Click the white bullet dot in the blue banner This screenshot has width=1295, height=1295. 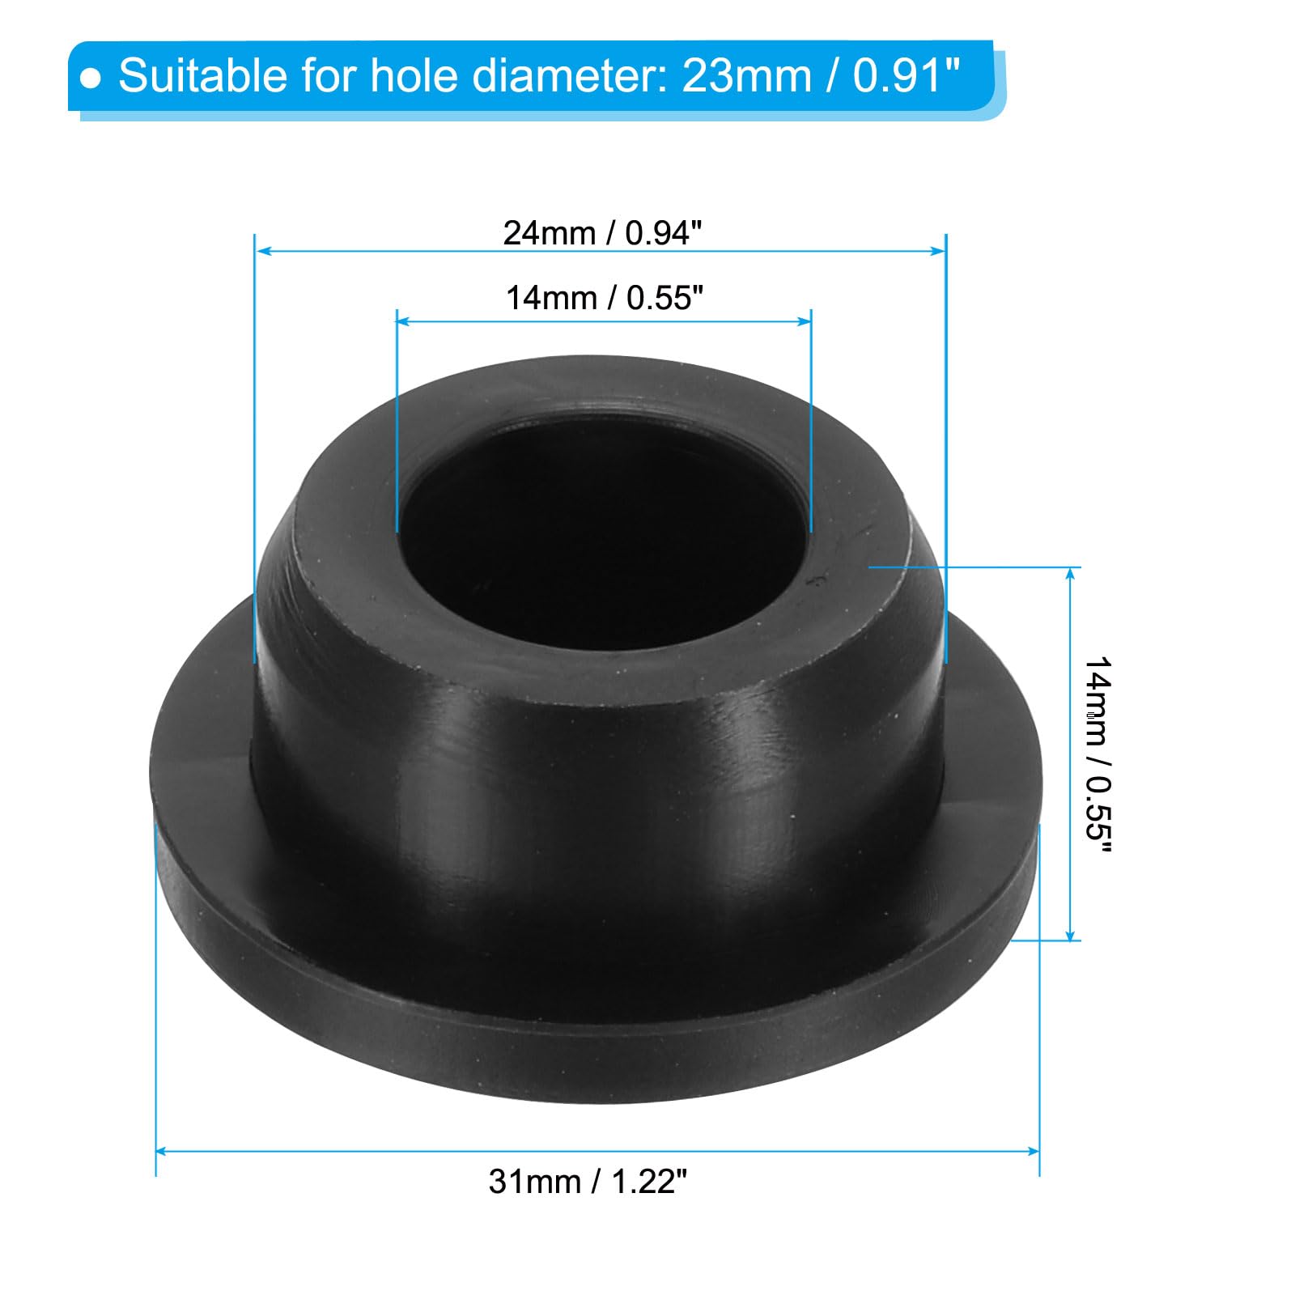(92, 79)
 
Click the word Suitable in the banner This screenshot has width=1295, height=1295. (203, 76)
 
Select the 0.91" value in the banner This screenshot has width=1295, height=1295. (906, 76)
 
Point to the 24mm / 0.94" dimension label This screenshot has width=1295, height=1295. (603, 233)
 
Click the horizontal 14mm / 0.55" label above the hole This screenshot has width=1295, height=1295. (605, 298)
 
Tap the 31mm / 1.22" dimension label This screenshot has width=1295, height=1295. (588, 1182)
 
